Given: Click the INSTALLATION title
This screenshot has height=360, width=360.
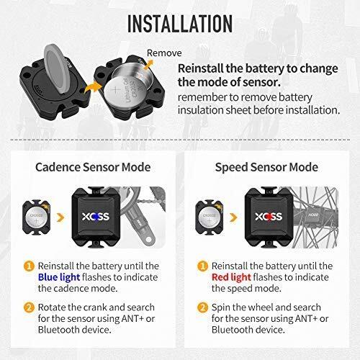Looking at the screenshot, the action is pos(180,24).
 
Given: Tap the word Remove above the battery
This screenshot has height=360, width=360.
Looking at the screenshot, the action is pos(164,53).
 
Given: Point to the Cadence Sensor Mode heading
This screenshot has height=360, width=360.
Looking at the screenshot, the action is pos(93,167).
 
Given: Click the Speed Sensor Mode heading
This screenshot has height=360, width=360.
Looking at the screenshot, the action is pos(266,167).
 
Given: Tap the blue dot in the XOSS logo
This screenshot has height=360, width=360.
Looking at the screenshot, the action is pos(96,217).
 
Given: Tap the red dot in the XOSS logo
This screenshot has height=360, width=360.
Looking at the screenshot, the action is pos(269,217).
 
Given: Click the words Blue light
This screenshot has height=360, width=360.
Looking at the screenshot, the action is pos(59,277).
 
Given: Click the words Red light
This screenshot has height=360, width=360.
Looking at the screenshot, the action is pos(231,277).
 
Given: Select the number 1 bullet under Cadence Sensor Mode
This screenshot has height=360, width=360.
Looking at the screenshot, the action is pos(29,266).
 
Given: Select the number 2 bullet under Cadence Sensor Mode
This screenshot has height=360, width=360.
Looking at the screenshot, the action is pos(29,307).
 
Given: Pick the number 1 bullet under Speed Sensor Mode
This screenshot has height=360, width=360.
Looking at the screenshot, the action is pos(202,266).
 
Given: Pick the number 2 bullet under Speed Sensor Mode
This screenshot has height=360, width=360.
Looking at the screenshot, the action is pos(202,307).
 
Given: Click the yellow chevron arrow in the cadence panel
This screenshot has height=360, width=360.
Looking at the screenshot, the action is pos(60,217).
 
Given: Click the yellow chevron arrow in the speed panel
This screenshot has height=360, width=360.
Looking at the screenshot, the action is pos(233,217).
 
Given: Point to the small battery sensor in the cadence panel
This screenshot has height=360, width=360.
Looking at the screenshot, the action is pos(37,217).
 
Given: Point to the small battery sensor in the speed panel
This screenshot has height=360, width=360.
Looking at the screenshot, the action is pos(210,217).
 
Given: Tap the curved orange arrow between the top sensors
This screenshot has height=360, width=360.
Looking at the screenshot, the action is pos(93,87).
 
